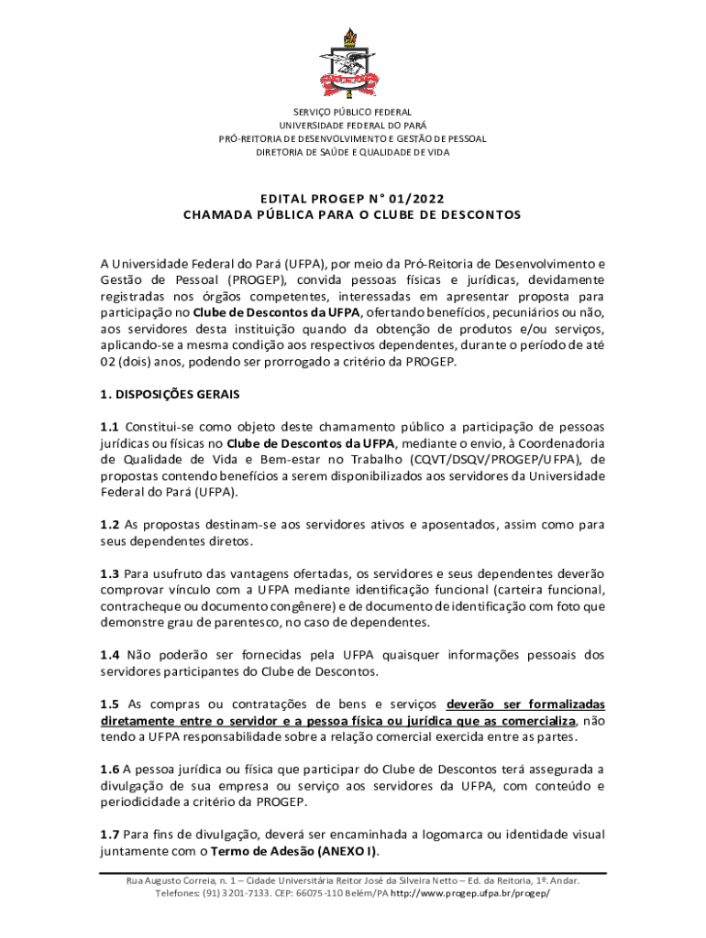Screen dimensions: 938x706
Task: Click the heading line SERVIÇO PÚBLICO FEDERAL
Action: pos(352,112)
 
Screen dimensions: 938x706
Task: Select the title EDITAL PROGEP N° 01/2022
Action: pos(352,199)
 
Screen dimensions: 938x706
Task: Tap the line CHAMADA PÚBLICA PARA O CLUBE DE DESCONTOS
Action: pos(352,215)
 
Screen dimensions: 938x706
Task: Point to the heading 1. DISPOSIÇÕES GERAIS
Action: pos(170,395)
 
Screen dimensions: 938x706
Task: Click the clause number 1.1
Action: pos(110,427)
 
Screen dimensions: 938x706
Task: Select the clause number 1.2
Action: pos(110,525)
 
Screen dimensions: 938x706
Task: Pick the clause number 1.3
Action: pos(110,573)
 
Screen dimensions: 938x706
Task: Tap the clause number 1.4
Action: pos(110,655)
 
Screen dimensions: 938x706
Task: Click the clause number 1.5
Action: pos(110,704)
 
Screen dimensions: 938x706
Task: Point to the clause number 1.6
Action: pos(110,769)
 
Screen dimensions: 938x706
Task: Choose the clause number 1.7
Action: pos(110,834)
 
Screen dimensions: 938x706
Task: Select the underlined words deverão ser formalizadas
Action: pos(525,704)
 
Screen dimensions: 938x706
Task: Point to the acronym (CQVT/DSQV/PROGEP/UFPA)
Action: pos(486,460)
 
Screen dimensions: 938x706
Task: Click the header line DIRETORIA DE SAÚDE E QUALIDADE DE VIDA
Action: pos(352,152)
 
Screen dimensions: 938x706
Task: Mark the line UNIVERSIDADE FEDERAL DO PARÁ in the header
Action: pos(352,125)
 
